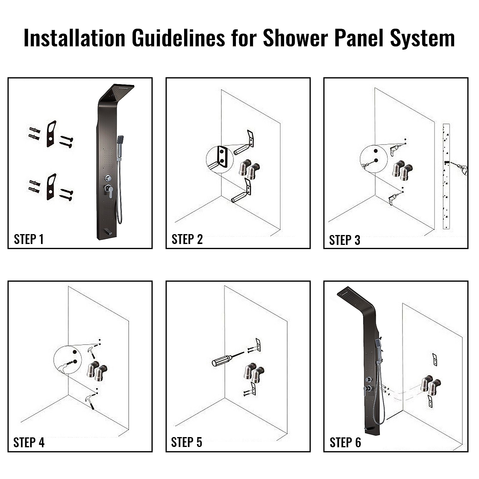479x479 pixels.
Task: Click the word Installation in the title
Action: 74,38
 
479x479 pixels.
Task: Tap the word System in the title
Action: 422,38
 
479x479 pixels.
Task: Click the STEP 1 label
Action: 29,239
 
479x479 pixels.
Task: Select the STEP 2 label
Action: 187,239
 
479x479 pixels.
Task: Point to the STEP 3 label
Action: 345,240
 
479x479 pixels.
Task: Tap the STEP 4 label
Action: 29,442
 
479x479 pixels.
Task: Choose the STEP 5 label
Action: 187,442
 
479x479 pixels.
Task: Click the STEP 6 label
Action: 345,442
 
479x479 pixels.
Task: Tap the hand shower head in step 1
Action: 121,140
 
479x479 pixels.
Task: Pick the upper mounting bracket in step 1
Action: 51,134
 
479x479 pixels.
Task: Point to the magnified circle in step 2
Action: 219,160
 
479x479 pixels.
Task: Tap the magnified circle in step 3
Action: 374,159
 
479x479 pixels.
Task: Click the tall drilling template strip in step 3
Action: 446,176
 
